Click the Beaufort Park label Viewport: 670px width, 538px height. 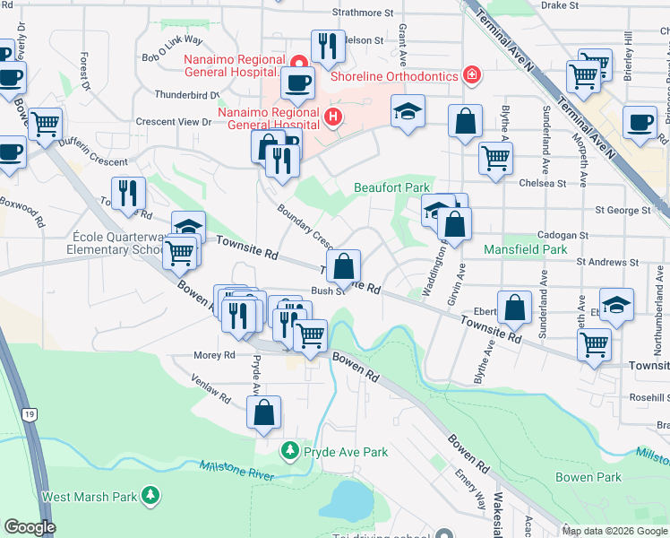pos(392,187)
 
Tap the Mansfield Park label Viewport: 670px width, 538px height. pos(526,248)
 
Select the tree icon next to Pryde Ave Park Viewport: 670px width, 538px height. pos(289,451)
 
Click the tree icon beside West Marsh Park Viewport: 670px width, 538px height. pos(151,495)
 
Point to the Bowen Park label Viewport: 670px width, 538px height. pos(588,477)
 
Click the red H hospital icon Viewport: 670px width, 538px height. pos(333,116)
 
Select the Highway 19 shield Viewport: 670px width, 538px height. pos(30,414)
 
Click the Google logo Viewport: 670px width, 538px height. pos(29,527)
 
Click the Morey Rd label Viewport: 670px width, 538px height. pos(214,355)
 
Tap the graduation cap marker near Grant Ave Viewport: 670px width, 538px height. pos(408,111)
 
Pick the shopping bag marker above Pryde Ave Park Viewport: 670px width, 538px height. pos(263,412)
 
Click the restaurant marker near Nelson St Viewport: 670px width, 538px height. pos(328,47)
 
